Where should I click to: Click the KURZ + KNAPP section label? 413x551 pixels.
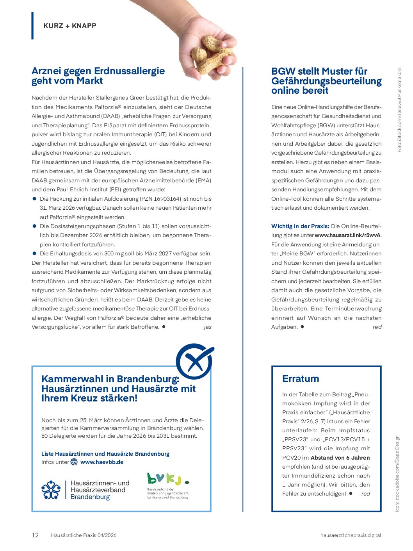70,26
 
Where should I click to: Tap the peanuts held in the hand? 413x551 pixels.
211,55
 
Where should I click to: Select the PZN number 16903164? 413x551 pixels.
160,199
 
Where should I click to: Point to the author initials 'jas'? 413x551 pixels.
207,327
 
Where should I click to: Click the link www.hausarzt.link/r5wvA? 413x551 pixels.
347,235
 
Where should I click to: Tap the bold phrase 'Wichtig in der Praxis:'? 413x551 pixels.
300,226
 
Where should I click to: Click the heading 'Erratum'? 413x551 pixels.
301,378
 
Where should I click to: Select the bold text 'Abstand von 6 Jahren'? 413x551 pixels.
340,458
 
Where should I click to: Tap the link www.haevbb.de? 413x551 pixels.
102,462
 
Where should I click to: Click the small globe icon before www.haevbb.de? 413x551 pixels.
74,462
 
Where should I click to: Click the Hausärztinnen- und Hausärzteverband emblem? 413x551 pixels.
51,490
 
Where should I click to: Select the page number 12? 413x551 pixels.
35,535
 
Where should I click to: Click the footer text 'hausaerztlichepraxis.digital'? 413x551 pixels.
351,535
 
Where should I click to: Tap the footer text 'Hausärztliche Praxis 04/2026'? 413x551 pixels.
84,535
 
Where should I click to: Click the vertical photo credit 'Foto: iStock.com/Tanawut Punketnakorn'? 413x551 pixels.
399,110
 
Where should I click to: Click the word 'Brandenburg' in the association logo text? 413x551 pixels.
90,497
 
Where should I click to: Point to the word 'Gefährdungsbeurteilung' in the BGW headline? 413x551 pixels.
326,81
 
